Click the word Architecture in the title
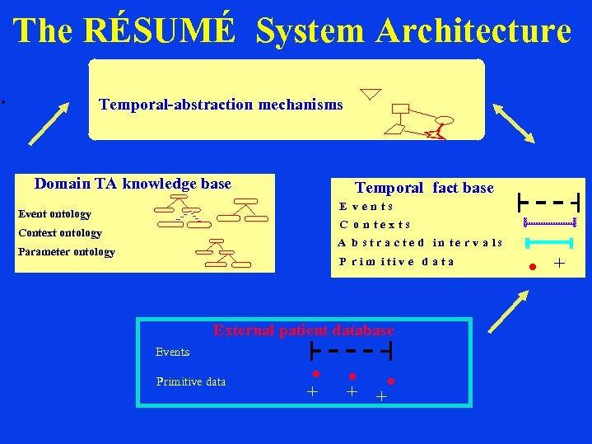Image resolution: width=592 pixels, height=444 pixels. (x=473, y=31)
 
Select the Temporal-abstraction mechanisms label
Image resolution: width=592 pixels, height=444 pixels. (x=221, y=105)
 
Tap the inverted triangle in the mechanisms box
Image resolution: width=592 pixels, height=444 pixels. (x=371, y=93)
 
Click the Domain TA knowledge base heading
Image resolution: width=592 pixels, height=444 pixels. (x=133, y=184)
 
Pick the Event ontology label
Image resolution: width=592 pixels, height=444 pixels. (x=54, y=214)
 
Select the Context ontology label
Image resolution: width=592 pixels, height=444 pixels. (x=60, y=233)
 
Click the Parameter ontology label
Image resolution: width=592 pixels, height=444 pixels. (x=67, y=252)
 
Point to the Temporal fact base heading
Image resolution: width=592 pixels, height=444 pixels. (x=424, y=188)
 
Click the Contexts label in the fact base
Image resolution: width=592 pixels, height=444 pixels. (x=375, y=224)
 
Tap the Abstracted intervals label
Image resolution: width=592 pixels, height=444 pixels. (x=420, y=243)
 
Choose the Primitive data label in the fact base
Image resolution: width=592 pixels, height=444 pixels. (x=396, y=262)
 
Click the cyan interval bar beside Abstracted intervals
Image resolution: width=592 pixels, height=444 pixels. (x=549, y=242)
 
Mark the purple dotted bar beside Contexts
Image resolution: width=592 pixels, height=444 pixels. (x=549, y=222)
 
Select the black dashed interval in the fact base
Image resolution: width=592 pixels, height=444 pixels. (x=548, y=201)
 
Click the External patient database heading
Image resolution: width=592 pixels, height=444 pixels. (x=303, y=330)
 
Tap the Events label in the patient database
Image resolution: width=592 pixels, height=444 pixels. (x=172, y=352)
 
